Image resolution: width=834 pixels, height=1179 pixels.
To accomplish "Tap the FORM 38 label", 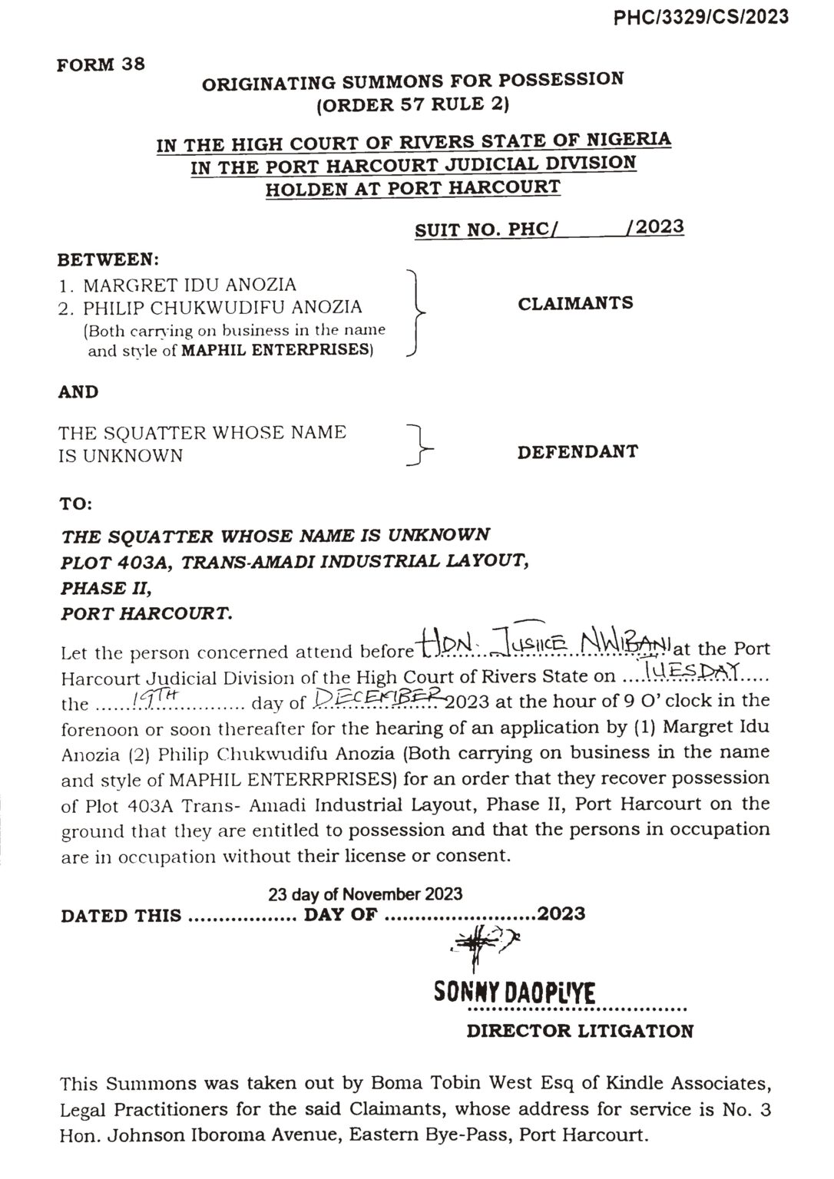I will point(101,65).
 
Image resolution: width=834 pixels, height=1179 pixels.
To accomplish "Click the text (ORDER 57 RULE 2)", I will point(413,104).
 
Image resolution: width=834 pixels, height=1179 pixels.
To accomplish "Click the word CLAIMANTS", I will point(575,303).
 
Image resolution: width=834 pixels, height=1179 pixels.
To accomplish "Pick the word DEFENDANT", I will point(577,451).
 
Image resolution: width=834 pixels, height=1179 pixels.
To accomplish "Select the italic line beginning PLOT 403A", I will point(294,561).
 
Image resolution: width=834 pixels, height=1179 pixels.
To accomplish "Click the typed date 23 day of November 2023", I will point(365,893).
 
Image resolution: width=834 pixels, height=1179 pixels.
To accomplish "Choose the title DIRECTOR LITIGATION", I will point(579,1031).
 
